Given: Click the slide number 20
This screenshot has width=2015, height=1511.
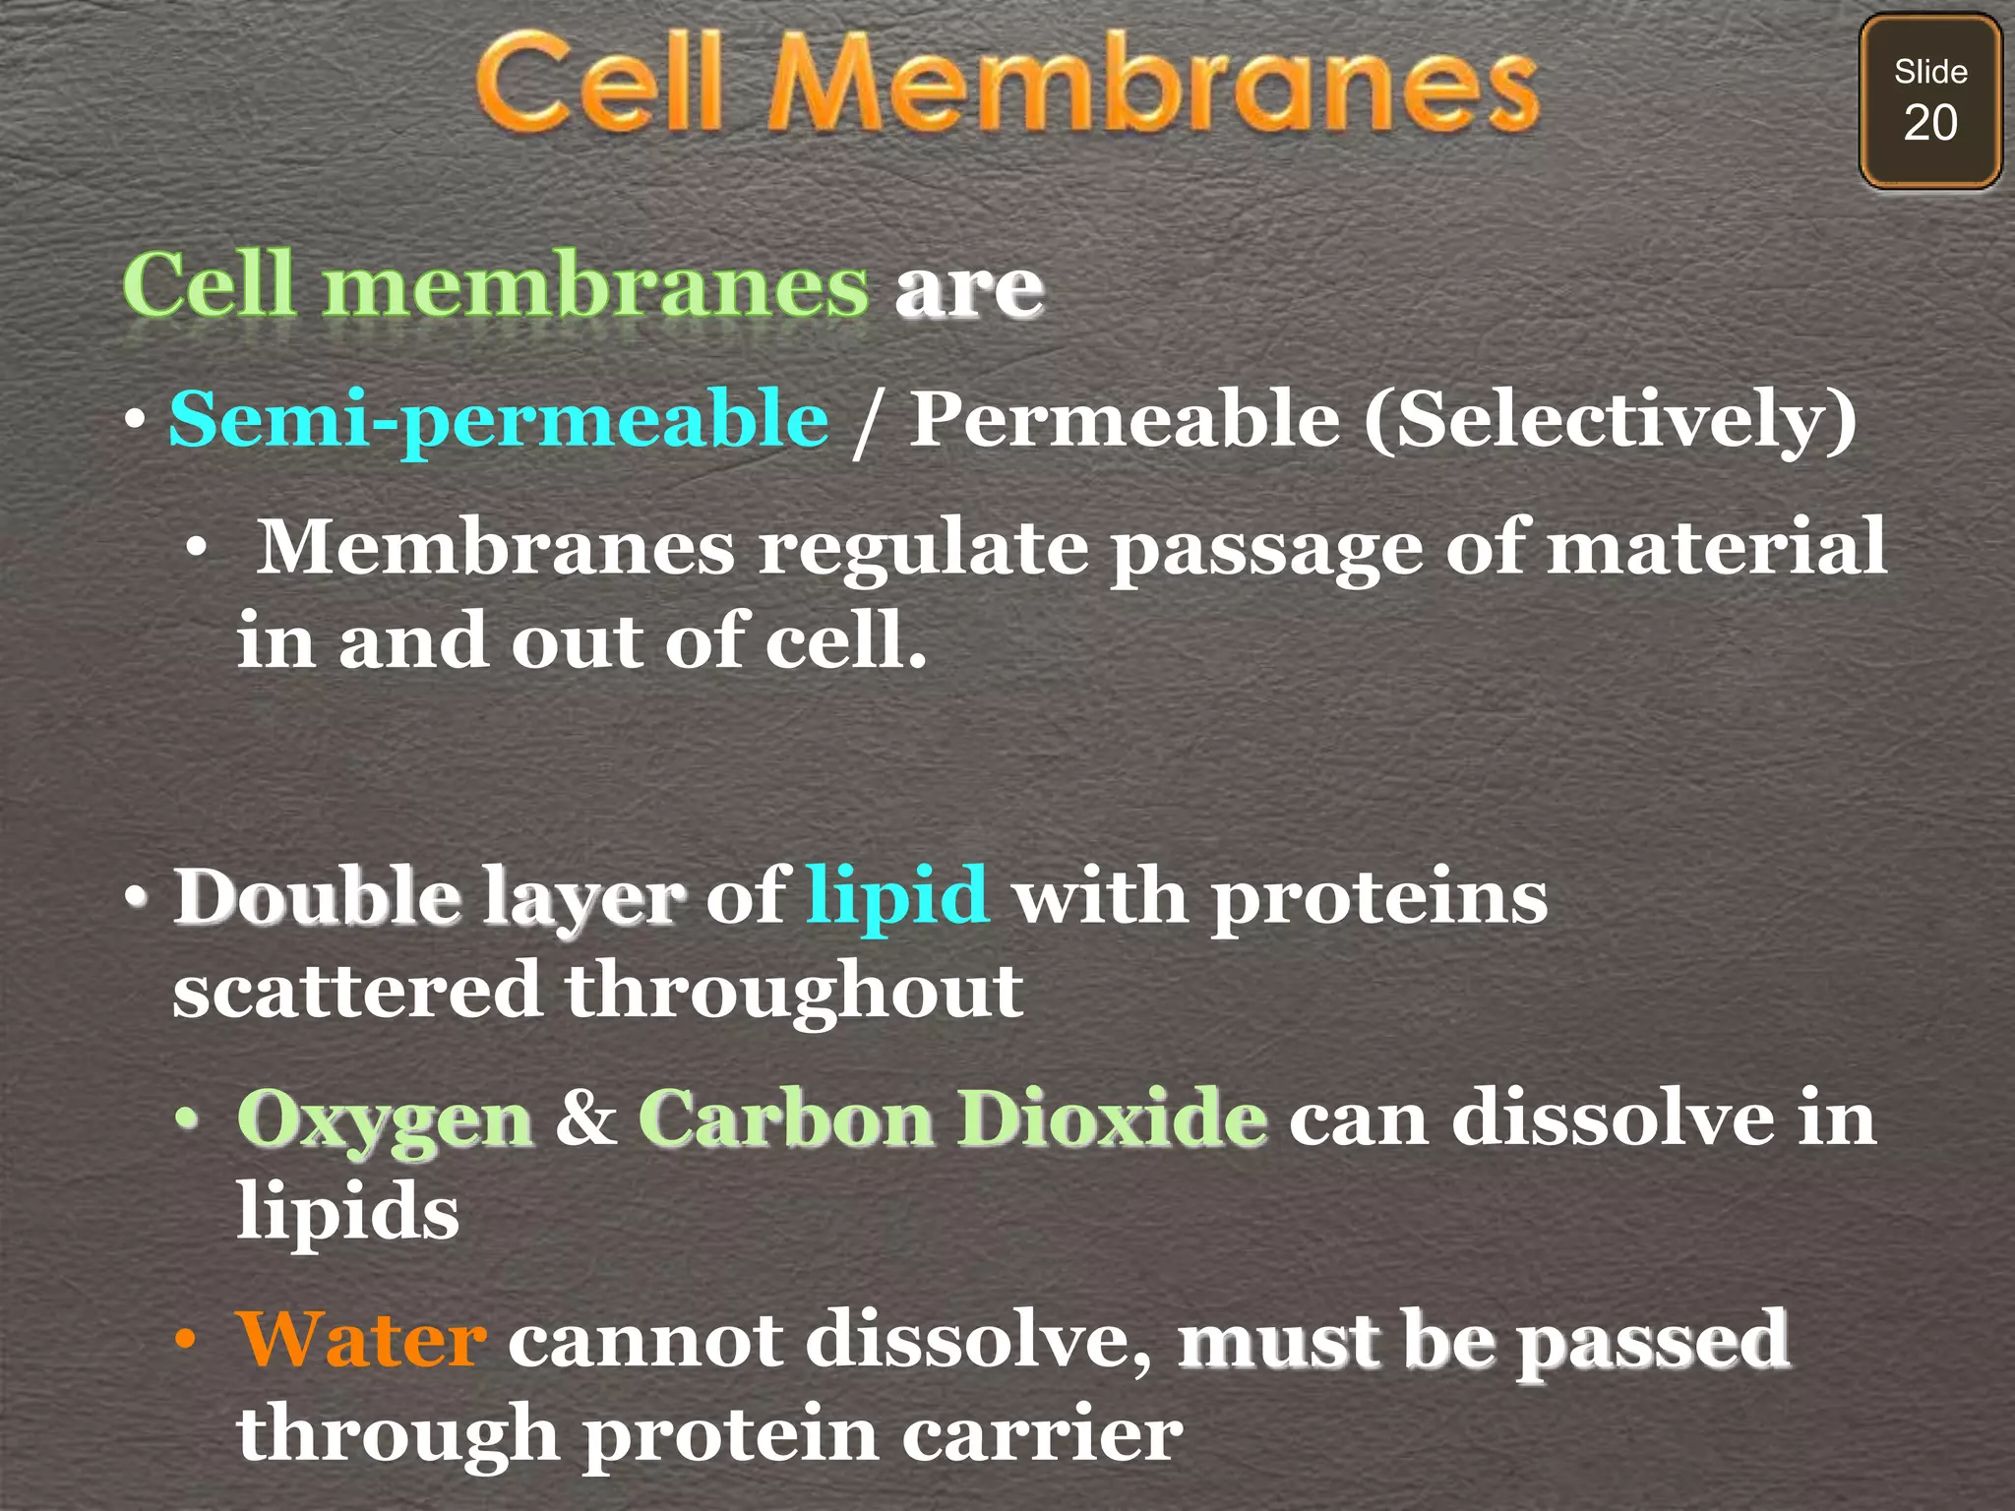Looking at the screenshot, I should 1929,124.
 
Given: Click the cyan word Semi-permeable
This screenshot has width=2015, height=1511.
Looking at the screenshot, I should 499,419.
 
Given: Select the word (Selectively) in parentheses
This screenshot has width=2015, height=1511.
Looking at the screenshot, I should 1610,419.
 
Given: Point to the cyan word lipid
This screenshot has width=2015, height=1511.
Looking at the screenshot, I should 897,896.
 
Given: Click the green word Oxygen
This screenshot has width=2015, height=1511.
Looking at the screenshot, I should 385,1119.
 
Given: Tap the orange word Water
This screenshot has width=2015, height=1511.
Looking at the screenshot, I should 361,1340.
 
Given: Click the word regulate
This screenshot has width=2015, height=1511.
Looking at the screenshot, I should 923,547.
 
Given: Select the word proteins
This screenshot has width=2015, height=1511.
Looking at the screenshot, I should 1379,896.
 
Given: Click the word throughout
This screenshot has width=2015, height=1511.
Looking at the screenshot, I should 794,992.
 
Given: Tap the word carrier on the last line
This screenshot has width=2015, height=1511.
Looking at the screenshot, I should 1042,1434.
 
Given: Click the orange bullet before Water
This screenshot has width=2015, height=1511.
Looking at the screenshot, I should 185,1340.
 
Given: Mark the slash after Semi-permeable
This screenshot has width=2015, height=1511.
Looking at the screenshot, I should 866,423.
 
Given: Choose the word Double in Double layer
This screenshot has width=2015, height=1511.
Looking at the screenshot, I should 317,896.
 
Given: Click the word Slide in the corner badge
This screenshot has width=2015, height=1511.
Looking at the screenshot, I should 1930,72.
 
